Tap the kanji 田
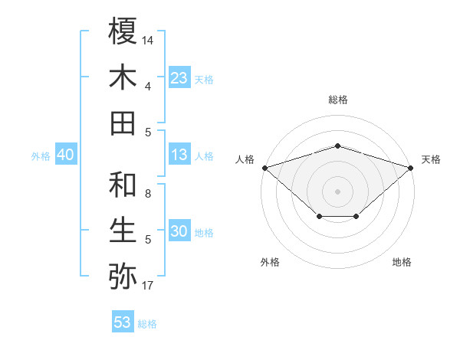tap(123, 123)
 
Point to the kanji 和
tap(123, 185)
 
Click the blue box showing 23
tap(179, 78)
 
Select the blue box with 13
tap(179, 155)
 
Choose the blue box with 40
tap(65, 155)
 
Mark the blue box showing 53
tap(123, 322)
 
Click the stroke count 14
tap(148, 39)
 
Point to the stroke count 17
tap(148, 286)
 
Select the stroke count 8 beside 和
tap(148, 193)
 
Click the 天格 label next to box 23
tap(204, 80)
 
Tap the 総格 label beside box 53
tap(147, 324)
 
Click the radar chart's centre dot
tap(337, 190)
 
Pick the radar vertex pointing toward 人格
tap(264, 167)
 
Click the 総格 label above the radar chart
tap(337, 100)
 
